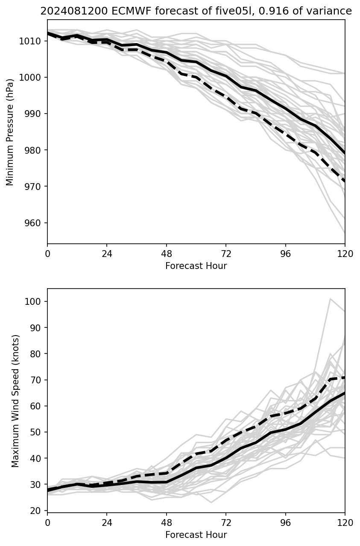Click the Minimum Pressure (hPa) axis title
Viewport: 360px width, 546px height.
[x=10, y=132]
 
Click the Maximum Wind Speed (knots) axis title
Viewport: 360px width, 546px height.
[x=15, y=400]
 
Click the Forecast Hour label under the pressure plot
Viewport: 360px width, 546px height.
[x=196, y=266]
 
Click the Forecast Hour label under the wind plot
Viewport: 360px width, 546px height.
[x=196, y=535]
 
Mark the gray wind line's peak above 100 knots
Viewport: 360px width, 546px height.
[x=330, y=299]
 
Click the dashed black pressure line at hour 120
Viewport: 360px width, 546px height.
[x=344, y=181]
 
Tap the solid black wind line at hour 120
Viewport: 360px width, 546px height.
[x=344, y=393]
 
